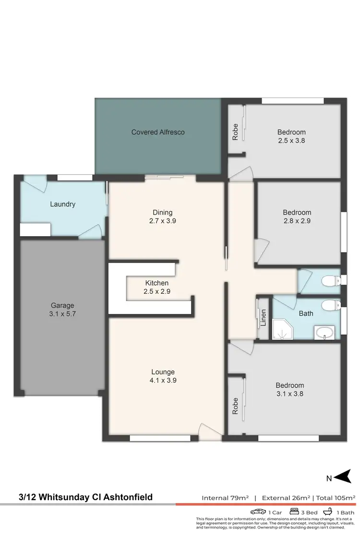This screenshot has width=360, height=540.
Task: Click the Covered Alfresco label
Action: (158, 132)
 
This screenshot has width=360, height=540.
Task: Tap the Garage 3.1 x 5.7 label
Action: (62, 310)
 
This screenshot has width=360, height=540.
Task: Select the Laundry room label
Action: (63, 204)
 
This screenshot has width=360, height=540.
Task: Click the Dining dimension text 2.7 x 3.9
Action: (162, 221)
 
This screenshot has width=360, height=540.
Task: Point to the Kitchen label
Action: (157, 283)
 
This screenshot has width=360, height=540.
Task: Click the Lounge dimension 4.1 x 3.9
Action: (163, 380)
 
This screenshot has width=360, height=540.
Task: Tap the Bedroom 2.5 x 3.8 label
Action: (291, 136)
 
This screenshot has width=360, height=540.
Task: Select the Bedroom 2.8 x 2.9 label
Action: (297, 216)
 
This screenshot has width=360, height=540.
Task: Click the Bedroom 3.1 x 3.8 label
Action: (290, 389)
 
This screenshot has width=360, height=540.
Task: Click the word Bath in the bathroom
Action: (306, 313)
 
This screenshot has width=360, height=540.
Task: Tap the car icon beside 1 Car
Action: (258, 512)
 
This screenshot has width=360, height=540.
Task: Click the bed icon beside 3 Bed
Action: (295, 512)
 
